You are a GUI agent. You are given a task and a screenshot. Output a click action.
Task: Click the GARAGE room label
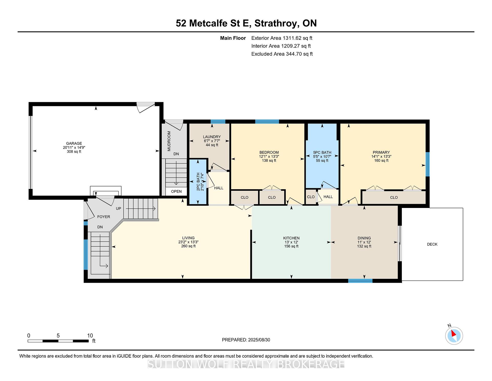click(74, 144)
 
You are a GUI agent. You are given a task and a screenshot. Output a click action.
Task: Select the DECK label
click(432, 244)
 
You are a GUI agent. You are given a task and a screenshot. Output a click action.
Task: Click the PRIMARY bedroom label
click(381, 152)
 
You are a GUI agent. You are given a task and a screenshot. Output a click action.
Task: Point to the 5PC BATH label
click(322, 153)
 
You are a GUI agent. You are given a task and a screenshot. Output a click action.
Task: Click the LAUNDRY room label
click(212, 137)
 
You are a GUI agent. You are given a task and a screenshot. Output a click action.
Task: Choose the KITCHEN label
click(291, 238)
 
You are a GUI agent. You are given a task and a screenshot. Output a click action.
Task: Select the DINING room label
click(364, 238)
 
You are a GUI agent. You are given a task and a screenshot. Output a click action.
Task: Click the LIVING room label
click(188, 238)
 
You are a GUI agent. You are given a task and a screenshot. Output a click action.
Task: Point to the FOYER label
click(104, 217)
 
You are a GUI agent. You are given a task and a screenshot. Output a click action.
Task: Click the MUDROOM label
click(169, 141)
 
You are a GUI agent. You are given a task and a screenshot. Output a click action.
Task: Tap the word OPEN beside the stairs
click(176, 191)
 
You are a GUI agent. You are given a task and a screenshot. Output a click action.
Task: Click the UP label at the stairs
click(118, 208)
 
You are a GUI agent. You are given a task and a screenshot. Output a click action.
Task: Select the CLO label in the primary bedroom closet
click(394, 197)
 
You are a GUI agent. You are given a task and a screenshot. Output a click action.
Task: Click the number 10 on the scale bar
click(90, 336)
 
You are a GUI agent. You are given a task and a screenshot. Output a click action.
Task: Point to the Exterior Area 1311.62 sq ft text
click(282, 38)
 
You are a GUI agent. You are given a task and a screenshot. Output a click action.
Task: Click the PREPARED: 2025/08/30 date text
click(246, 340)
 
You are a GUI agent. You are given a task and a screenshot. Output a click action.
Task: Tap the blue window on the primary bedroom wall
click(427, 164)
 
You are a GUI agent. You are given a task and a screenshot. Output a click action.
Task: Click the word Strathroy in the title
click(276, 23)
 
